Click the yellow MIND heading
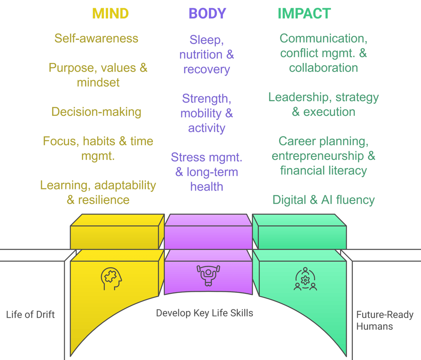pos(110,14)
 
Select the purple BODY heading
pos(207,14)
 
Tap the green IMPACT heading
pos(304,14)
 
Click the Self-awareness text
pos(96,39)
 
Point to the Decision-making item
pos(96,112)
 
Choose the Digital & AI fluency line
pos(324,200)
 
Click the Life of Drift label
pos(30,315)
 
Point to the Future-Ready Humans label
pos(384,321)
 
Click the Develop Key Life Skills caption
pos(204,313)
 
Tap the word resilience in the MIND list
pos(104,200)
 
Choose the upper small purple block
pos(208,232)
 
